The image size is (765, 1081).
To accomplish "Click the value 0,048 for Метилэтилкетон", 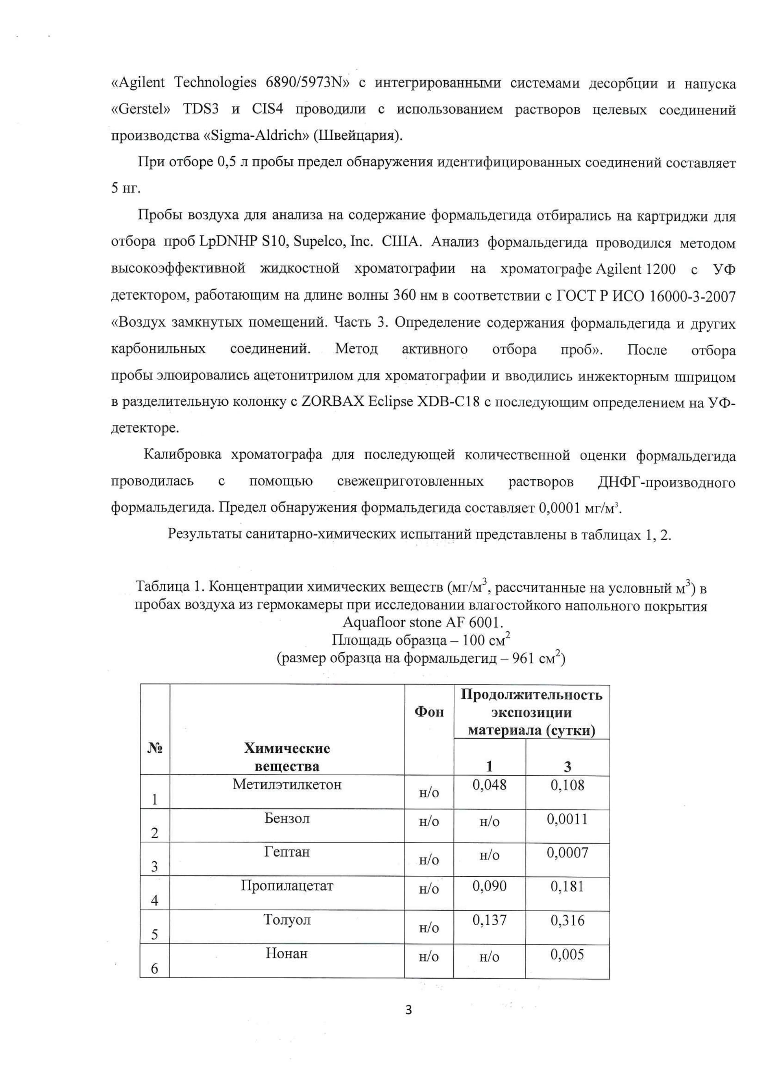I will pos(489,785).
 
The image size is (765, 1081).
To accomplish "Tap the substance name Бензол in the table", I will pos(287,818).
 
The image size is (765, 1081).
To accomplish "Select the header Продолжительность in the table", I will pos(531,695).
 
